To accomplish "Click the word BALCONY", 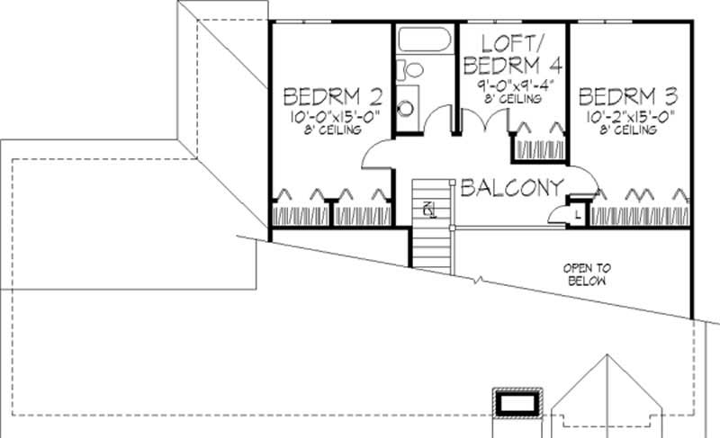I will click(511, 188).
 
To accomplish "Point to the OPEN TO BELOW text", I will click(587, 274).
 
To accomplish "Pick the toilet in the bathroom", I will click(412, 70).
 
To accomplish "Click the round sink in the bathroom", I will click(406, 109).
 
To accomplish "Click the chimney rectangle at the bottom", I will click(517, 402).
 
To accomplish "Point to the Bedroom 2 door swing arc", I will click(376, 156).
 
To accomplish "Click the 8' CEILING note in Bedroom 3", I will click(628, 130).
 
